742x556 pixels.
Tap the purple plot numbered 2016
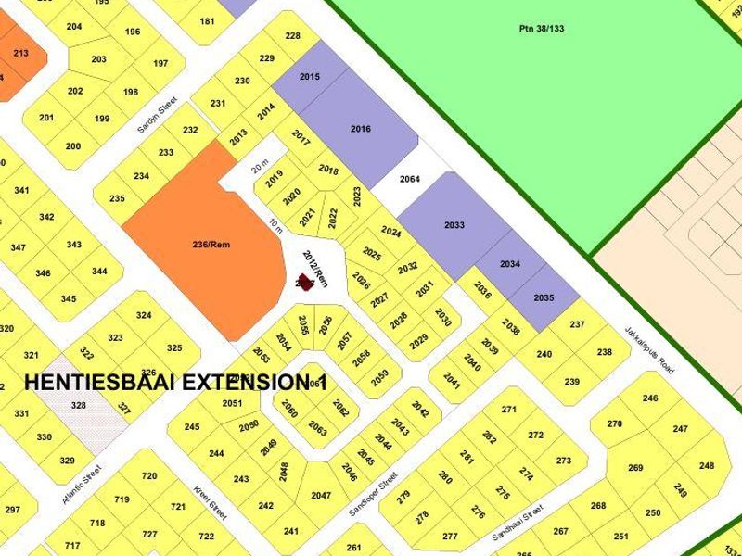[x=360, y=129]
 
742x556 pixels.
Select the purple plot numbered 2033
[x=454, y=225]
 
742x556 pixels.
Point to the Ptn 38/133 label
[x=542, y=29]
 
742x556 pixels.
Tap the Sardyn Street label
[x=157, y=118]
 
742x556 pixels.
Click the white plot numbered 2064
[x=409, y=180]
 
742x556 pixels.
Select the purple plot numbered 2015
[x=310, y=76]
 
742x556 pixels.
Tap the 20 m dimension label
[x=259, y=167]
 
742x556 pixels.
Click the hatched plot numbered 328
[x=79, y=406]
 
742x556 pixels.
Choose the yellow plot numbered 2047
[x=321, y=496]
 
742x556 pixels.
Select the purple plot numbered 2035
[x=544, y=297]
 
